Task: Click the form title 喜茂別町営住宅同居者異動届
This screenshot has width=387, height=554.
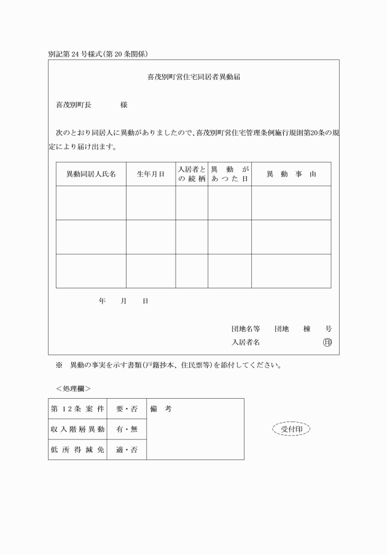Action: point(193,79)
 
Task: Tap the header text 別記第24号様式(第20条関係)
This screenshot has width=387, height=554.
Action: point(98,53)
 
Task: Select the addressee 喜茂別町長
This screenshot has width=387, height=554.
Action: point(74,106)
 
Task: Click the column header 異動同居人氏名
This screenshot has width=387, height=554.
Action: point(91,174)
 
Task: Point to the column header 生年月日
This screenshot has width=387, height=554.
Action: point(150,174)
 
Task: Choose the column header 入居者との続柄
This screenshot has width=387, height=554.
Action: point(192,174)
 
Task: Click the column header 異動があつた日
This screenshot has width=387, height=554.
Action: point(229,174)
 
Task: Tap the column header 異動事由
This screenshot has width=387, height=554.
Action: point(291,174)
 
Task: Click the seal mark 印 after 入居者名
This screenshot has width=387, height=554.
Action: point(327,342)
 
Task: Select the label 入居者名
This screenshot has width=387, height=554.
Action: point(246,342)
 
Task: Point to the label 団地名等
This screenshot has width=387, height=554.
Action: point(246,329)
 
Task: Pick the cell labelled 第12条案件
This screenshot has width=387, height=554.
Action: point(77,409)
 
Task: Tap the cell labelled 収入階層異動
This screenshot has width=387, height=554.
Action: point(77,429)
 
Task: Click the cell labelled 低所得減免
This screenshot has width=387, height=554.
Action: point(77,450)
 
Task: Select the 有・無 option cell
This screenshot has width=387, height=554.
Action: point(127,429)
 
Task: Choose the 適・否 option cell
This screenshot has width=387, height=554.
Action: point(127,450)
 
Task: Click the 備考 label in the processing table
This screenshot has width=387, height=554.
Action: point(161,409)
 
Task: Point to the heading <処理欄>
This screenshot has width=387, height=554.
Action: point(73,388)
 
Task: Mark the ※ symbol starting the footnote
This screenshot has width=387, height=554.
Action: point(59,366)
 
